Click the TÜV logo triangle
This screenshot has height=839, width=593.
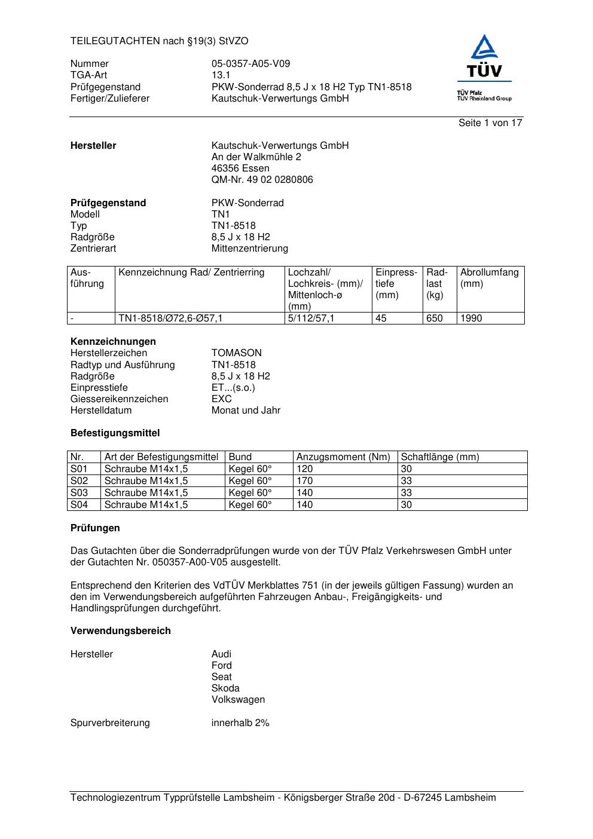pos(484,48)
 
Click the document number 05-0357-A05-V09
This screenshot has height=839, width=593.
pos(250,64)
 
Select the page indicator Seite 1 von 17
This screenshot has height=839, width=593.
pos(490,123)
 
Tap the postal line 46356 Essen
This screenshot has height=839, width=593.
pos(240,169)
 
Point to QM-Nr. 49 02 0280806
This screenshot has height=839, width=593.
pos(262,180)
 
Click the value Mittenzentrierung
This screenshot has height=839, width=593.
pos(249,249)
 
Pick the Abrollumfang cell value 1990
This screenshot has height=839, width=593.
pos(471,319)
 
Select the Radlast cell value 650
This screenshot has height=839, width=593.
pos(435,319)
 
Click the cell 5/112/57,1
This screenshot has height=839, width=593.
pos(311,319)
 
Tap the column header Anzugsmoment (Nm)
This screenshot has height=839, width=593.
pos(343,457)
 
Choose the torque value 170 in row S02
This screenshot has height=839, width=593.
pos(305,481)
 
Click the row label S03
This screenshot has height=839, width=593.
pos(79,493)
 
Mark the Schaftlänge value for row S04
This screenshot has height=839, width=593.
pos(406,505)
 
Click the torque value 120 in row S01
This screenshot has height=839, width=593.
pos(305,469)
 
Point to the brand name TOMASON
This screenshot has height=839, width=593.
pos(237,353)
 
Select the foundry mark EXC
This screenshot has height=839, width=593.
pos(221,399)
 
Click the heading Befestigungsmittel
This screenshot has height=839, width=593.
pos(115,433)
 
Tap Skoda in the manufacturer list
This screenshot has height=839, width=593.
pos(225,688)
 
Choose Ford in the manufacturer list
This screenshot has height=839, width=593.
pos(222,666)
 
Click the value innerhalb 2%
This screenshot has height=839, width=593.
pos(240,723)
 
